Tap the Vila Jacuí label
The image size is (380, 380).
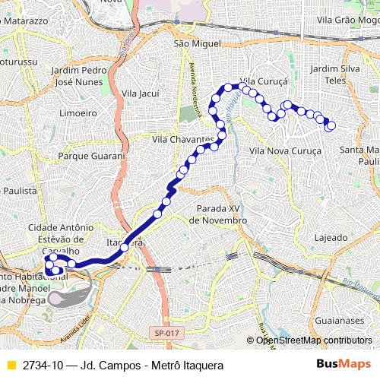click(140, 93)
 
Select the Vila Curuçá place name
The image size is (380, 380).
click(261, 80)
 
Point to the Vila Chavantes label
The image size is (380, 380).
click(183, 140)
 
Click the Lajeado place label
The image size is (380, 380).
click(330, 236)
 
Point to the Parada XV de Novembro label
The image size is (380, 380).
click(217, 214)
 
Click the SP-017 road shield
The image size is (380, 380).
click(166, 333)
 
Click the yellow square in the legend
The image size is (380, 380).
click(11, 365)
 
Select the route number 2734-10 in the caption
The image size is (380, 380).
click(43, 365)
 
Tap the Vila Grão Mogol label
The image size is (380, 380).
click(348, 19)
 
